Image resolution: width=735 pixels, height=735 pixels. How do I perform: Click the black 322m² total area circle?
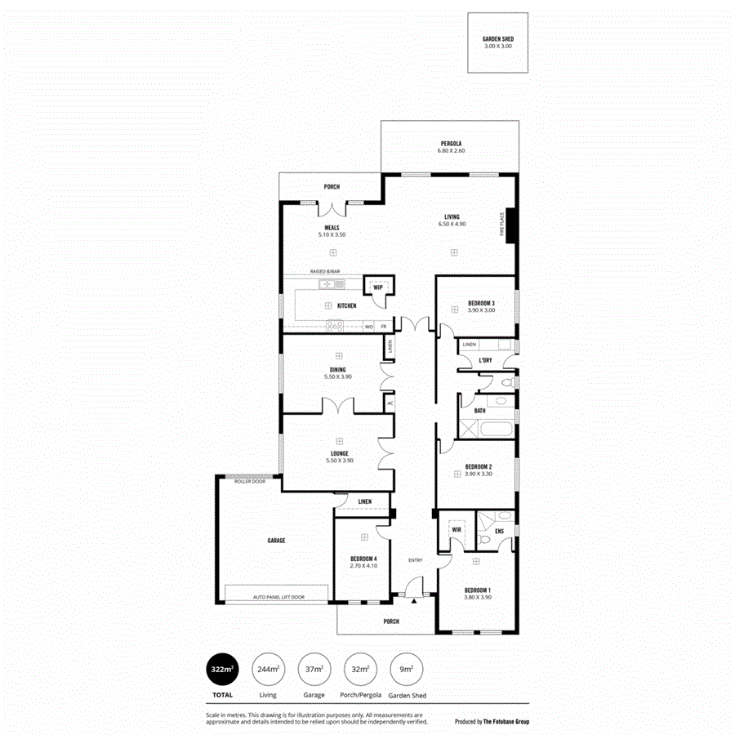222,670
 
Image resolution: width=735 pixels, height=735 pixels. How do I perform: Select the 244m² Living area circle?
268,670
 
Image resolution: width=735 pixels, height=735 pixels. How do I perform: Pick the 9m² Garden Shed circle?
406,670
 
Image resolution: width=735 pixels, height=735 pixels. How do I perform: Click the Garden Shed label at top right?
498,39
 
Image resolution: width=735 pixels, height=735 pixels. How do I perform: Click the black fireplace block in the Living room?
511,225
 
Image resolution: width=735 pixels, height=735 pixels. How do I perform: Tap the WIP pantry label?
378,287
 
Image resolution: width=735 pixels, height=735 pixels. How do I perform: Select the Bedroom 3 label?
481,303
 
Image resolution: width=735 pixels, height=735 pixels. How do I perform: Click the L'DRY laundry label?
485,360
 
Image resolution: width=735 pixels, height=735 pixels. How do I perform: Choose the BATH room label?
479,411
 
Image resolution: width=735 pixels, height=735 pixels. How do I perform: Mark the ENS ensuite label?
498,530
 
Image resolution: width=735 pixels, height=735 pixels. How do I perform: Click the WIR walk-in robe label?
457,530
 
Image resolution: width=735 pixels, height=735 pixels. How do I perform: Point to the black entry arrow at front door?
414,601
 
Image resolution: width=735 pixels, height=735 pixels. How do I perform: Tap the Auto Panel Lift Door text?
278,597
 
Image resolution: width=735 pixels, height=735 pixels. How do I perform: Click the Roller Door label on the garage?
250,482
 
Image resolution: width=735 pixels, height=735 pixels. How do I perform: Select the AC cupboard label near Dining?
390,403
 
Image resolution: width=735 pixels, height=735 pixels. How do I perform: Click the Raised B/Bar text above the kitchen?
324,272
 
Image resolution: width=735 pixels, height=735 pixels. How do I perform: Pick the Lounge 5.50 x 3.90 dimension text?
340,461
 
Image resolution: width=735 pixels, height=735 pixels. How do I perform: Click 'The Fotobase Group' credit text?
505,721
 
